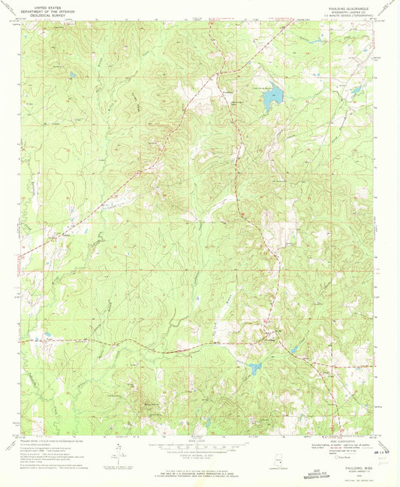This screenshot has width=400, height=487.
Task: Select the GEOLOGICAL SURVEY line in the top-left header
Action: [x=46, y=14]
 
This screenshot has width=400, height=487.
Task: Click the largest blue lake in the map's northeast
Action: [x=275, y=95]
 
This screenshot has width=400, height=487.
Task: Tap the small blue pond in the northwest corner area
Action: [x=72, y=75]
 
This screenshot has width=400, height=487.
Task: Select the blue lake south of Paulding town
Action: [x=255, y=368]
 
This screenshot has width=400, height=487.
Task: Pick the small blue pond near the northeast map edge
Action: [x=355, y=91]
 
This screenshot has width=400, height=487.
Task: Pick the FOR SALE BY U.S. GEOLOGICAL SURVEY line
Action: [x=199, y=470]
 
